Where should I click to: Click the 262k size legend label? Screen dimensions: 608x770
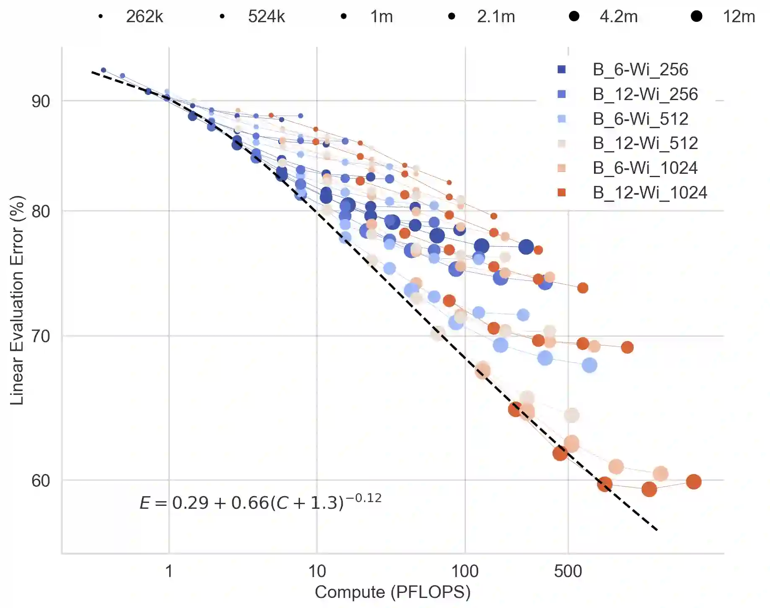[x=144, y=17]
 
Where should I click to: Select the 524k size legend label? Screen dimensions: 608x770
[x=266, y=17]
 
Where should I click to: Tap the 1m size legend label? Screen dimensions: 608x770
[x=381, y=17]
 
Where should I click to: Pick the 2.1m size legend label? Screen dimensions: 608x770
[x=496, y=17]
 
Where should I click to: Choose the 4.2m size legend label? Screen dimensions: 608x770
[x=618, y=17]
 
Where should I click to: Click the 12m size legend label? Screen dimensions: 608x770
[x=739, y=17]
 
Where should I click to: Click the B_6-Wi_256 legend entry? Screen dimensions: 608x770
[x=640, y=70]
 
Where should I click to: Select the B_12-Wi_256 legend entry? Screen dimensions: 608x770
[x=645, y=94]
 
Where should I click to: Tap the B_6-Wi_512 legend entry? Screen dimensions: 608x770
[x=640, y=119]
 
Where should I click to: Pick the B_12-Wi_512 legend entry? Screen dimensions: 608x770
[x=645, y=143]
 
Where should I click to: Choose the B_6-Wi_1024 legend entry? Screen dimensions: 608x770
[x=645, y=168]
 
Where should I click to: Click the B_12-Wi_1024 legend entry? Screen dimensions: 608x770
[x=649, y=193]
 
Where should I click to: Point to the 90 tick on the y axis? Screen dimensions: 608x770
[x=41, y=101]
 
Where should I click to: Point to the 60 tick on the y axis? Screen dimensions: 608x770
[x=41, y=481]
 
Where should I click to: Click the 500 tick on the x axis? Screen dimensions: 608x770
[x=568, y=571]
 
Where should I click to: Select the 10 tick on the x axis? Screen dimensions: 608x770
[x=317, y=571]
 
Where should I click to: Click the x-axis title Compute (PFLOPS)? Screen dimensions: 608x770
[x=393, y=592]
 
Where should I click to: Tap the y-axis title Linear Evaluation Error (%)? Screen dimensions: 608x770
[x=17, y=300]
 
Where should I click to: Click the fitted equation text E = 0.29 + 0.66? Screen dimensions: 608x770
[x=260, y=502]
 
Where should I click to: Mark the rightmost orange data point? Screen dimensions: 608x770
[x=693, y=482]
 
